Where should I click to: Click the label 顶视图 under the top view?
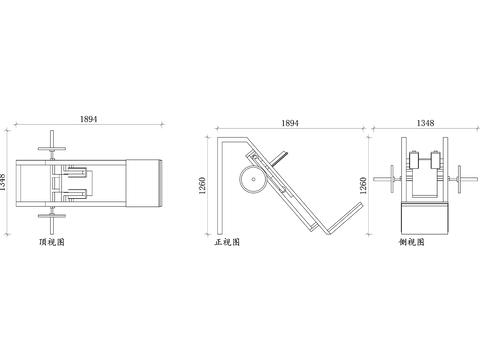tap(52, 242)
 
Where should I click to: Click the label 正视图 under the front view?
tap(227, 242)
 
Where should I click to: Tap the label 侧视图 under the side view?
tap(412, 242)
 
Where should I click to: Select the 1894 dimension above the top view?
tap(89, 119)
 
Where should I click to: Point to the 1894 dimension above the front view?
tap(290, 123)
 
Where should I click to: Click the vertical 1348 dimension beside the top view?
tap(3, 182)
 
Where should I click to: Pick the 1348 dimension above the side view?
tap(425, 123)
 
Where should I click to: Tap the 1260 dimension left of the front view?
tap(202, 185)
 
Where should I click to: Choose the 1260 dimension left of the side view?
tap(363, 185)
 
